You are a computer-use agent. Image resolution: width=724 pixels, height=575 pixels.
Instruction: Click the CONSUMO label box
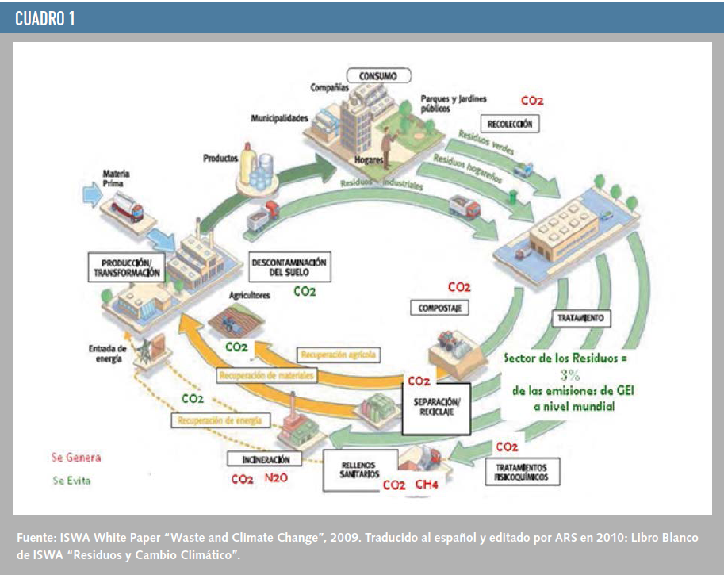tap(383, 76)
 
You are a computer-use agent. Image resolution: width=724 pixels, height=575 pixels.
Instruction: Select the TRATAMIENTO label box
tap(581, 319)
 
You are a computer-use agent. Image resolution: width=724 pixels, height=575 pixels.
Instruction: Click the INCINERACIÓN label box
tap(259, 459)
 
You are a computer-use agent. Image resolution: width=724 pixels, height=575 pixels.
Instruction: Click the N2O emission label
tap(276, 479)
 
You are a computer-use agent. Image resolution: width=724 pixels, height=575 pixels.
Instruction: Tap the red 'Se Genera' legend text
tap(76, 458)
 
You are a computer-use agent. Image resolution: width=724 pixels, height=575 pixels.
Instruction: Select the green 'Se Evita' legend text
tap(71, 481)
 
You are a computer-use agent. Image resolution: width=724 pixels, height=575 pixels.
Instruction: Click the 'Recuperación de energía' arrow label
tap(216, 419)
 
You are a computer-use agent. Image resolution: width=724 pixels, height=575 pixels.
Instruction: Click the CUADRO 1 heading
tap(45, 19)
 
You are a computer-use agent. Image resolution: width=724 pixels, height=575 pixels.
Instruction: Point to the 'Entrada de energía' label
tap(105, 353)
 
